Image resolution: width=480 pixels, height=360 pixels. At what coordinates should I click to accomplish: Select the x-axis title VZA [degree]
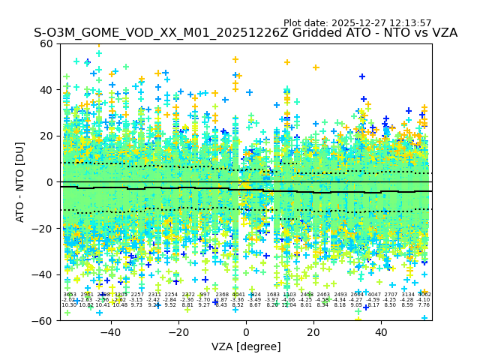point(246,346)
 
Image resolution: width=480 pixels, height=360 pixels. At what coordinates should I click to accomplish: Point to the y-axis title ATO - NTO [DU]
point(20,182)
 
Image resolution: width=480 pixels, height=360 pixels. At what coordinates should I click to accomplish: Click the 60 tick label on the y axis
point(46,43)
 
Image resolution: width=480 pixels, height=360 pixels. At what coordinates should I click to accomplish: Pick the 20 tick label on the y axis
point(46,136)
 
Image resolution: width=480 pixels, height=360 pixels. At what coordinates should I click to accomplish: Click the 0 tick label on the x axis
point(246,331)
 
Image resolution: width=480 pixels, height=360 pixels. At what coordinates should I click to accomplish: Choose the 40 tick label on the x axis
point(381,331)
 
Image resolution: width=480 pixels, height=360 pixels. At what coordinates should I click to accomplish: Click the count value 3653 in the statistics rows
point(69,295)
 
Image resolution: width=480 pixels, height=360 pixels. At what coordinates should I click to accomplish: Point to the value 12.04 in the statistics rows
point(289,305)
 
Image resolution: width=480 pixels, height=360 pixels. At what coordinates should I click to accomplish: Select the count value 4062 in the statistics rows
point(424,295)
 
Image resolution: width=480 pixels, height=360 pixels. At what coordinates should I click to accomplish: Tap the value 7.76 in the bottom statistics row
point(424,305)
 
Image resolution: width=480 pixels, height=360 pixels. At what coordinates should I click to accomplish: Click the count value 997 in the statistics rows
point(204,295)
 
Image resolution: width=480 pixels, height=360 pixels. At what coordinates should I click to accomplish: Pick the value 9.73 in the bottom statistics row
point(136,305)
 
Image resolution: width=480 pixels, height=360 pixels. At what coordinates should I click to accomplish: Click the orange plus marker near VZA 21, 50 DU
point(316,67)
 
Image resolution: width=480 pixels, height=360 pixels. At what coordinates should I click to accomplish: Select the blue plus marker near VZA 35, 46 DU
point(362,76)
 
